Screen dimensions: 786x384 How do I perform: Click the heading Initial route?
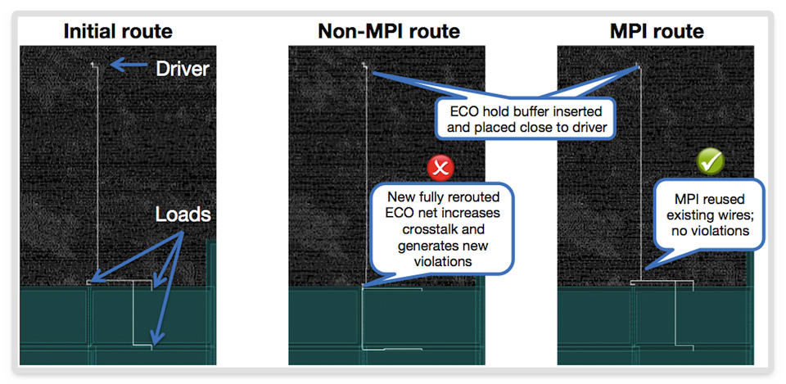(118, 32)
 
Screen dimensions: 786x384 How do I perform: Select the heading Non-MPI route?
(388, 32)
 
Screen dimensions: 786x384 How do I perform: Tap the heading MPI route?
(657, 32)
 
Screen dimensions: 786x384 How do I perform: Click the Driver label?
(183, 69)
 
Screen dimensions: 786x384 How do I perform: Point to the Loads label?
(183, 215)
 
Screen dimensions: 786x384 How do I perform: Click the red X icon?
(440, 169)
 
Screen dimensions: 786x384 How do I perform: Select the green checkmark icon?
(711, 162)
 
